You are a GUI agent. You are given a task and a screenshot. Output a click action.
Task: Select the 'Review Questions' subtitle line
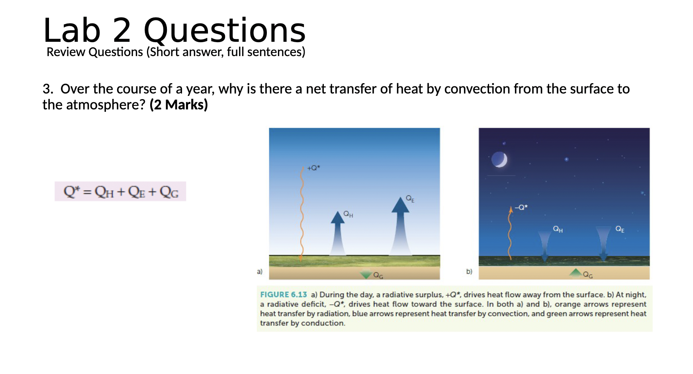tap(176, 52)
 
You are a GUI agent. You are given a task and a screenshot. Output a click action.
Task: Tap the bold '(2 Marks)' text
tap(179, 105)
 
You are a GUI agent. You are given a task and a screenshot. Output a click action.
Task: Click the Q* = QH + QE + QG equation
tap(121, 192)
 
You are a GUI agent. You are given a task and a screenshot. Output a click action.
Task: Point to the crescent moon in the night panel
tap(499, 160)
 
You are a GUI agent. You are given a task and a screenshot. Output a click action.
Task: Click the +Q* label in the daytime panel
tap(313, 168)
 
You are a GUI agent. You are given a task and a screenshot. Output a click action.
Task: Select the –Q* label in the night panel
tap(521, 207)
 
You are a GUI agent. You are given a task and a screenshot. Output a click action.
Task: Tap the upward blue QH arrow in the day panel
tap(338, 233)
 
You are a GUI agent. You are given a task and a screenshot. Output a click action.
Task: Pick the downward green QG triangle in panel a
tap(366, 275)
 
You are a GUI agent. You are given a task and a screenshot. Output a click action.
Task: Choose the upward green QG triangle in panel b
tap(576, 273)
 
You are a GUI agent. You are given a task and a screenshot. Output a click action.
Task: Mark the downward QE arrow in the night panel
tap(603, 243)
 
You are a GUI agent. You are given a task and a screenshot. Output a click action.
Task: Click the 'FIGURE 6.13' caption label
tap(284, 295)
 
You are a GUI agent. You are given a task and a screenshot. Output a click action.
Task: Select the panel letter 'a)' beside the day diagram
tap(260, 272)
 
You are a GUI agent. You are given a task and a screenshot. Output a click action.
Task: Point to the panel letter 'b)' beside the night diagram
tap(469, 272)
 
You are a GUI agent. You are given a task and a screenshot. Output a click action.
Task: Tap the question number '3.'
tap(48, 89)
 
